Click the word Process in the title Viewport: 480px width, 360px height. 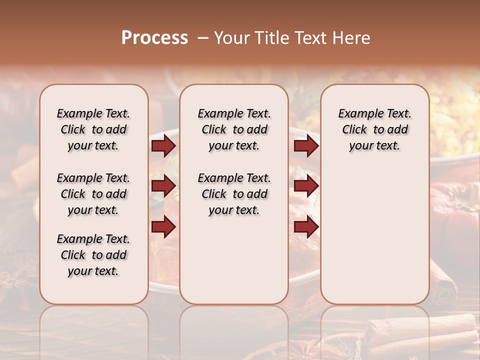coord(154,37)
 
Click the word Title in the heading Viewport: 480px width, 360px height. coord(269,37)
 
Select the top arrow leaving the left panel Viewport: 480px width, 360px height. coord(163,145)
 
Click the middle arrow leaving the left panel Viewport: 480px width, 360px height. coord(163,186)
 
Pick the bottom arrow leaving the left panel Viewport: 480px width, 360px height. coord(163,226)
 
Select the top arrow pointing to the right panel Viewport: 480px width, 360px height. coord(306,145)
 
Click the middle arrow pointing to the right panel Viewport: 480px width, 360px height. coord(306,186)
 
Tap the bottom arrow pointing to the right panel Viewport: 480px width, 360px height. coord(306,226)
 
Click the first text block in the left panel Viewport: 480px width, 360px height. coord(93,129)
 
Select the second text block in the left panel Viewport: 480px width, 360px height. coord(93,194)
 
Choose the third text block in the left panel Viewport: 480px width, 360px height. coord(93,255)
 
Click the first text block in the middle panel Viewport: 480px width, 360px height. coord(234,129)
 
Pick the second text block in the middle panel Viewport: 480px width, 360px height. coord(234,194)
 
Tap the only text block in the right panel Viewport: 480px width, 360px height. coord(374,129)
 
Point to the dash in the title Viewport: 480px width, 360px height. coord(202,37)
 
